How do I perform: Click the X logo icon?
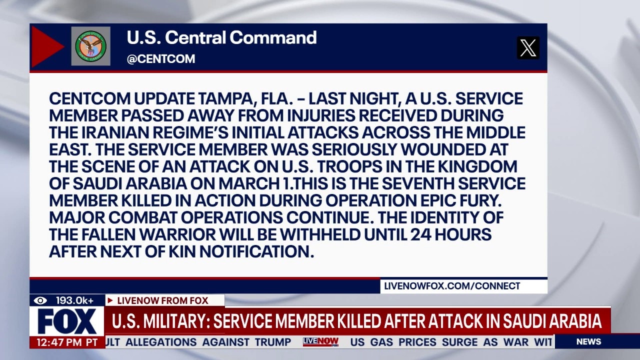coord(528,48)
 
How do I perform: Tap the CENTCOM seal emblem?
coord(90,46)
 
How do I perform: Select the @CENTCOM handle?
coord(161,59)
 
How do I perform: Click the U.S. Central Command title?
coord(221,37)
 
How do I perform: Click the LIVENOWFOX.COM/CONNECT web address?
coord(452,286)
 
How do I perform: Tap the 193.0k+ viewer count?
coord(74,300)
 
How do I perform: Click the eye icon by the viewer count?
coord(41,300)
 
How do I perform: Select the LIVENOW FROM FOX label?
coord(162,300)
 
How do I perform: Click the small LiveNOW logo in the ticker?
coord(320,342)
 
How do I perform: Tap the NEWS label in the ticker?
coord(588,342)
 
